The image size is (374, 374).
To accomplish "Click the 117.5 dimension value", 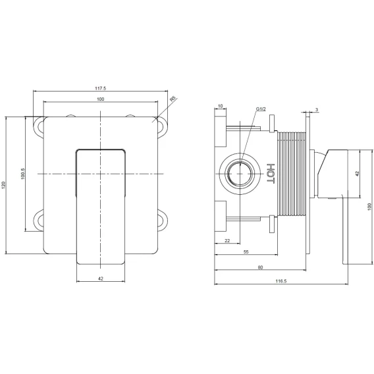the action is pos(101,88).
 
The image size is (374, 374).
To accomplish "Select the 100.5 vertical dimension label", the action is pos(23,174).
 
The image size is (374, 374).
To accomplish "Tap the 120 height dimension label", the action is pos(3,185).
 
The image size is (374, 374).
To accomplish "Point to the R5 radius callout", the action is pos(173,99).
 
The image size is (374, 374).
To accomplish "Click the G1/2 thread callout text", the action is pos(261,109).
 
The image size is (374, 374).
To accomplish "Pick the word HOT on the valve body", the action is pos(271,173).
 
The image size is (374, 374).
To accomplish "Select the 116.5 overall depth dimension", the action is pos(281,281).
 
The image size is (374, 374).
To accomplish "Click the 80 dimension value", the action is pos(260,267).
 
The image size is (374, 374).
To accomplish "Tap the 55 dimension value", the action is pos(246,252).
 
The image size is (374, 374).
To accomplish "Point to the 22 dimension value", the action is pos(227,241).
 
